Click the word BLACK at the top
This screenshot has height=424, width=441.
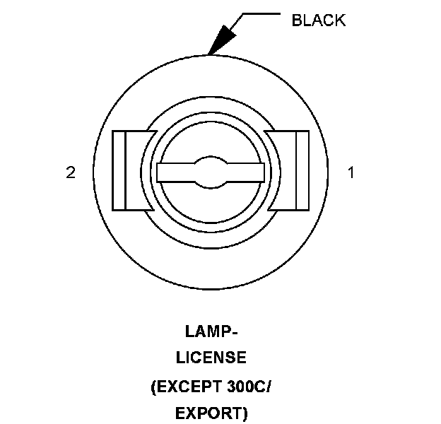pyautogui.click(x=319, y=20)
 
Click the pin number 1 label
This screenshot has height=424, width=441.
pyautogui.click(x=351, y=172)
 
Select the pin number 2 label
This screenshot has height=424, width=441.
pyautogui.click(x=71, y=172)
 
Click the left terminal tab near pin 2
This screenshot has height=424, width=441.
pyautogui.click(x=130, y=170)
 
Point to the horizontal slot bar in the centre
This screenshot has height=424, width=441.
pyautogui.click(x=211, y=172)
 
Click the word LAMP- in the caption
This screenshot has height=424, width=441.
pyautogui.click(x=211, y=331)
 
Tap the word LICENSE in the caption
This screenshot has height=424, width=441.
pyautogui.click(x=211, y=358)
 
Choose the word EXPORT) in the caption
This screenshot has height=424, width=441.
pyautogui.click(x=211, y=413)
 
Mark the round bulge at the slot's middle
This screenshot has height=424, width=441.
pyautogui.click(x=211, y=172)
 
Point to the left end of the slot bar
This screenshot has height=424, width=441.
pyautogui.click(x=162, y=172)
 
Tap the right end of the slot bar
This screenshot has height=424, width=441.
pyautogui.click(x=259, y=172)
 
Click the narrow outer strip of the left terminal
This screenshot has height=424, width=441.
pyautogui.click(x=119, y=170)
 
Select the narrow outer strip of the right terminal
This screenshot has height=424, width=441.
pyautogui.click(x=302, y=170)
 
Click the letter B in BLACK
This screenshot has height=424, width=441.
pyautogui.click(x=297, y=20)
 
